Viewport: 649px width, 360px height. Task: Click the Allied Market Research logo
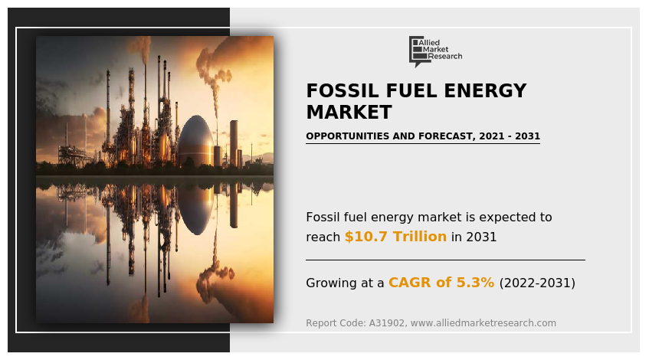[435, 51]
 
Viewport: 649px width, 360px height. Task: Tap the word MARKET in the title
[349, 112]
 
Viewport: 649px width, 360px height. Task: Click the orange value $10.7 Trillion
[395, 236]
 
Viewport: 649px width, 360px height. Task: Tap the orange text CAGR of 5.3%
[441, 282]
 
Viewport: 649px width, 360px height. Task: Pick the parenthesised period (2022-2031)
[537, 283]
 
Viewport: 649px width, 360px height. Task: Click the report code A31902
[387, 322]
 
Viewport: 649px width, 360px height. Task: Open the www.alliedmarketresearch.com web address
[483, 322]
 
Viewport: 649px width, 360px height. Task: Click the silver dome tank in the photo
[196, 141]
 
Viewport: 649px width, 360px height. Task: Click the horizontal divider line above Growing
[445, 260]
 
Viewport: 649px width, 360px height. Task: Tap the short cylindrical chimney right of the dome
[234, 143]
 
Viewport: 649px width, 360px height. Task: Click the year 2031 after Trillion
[481, 237]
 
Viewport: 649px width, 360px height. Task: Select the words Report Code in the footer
[336, 322]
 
